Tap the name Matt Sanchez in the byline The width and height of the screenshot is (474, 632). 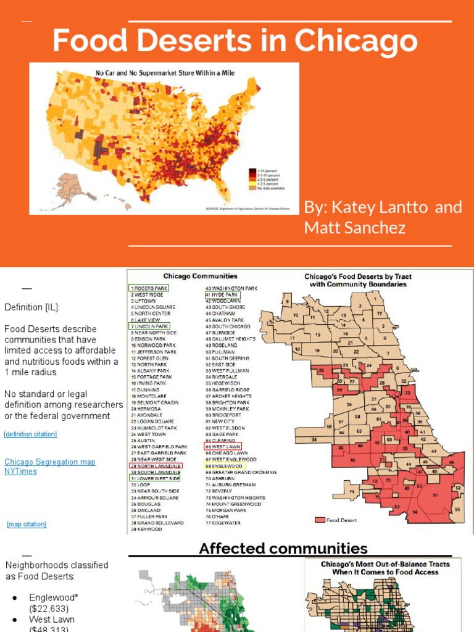point(355,228)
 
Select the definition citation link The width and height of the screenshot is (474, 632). point(30,434)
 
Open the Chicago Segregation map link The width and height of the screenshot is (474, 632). point(50,462)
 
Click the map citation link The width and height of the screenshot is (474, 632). point(27,525)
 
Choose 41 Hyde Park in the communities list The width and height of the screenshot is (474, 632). point(222,295)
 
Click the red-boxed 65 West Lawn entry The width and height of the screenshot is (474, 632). point(223,446)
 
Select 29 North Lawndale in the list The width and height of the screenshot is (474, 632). point(156,465)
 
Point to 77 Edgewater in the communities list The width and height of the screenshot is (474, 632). point(223,523)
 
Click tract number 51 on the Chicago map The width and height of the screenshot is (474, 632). point(436,495)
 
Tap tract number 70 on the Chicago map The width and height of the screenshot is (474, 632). point(352,460)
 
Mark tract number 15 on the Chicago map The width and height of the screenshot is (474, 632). point(318,335)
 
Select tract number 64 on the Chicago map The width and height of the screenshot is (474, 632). point(314,439)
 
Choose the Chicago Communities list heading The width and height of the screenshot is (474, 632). point(199,276)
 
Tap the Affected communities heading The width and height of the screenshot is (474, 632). point(283,548)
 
